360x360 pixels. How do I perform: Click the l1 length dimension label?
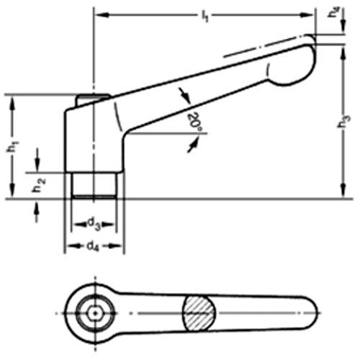click(204, 17)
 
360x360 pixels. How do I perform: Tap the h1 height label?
click(12, 146)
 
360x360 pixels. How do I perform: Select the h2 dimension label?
click(39, 185)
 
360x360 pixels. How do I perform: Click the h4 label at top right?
click(334, 12)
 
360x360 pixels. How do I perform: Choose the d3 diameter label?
click(94, 224)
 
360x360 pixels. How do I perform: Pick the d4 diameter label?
click(92, 246)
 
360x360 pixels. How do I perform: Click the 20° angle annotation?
click(194, 122)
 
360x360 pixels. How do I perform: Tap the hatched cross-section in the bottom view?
click(199, 313)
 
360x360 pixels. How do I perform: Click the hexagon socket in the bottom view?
click(95, 313)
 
